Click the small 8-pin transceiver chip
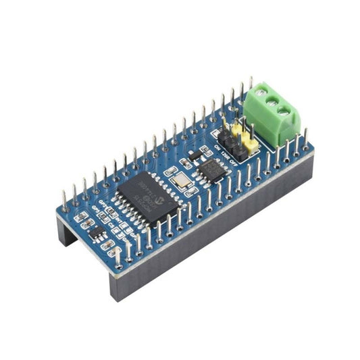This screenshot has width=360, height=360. (x=207, y=170)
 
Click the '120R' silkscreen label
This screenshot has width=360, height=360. (x=227, y=153)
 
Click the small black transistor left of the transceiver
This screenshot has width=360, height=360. (x=192, y=157)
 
